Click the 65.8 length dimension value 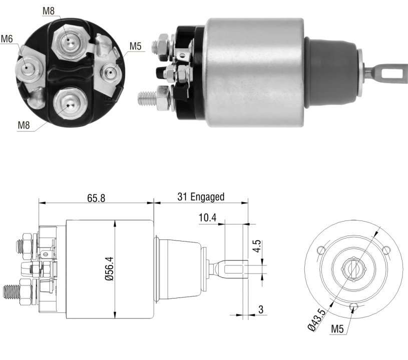96,198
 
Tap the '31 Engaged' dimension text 201,197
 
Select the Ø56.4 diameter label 110,268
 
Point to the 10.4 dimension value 207,217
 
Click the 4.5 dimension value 257,246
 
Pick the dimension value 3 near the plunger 261,309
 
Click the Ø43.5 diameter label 317,320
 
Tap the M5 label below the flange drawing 337,329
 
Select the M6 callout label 7,39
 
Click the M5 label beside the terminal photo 135,46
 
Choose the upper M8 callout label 49,11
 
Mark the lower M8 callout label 24,125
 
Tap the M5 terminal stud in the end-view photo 111,72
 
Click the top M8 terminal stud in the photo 69,41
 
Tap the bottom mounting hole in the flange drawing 353,306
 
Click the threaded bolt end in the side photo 147,98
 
